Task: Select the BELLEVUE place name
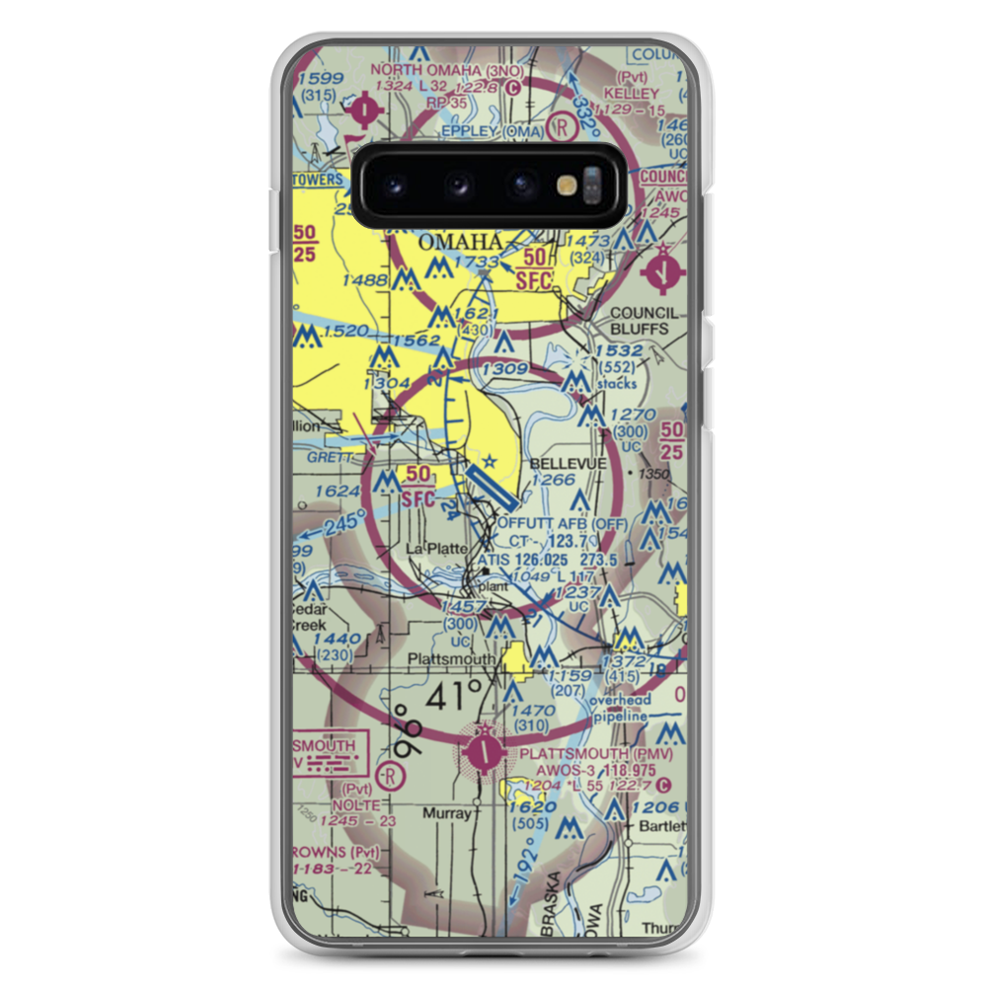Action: coord(568,463)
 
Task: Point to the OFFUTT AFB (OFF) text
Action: coord(563,523)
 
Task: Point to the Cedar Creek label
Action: coord(307,617)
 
